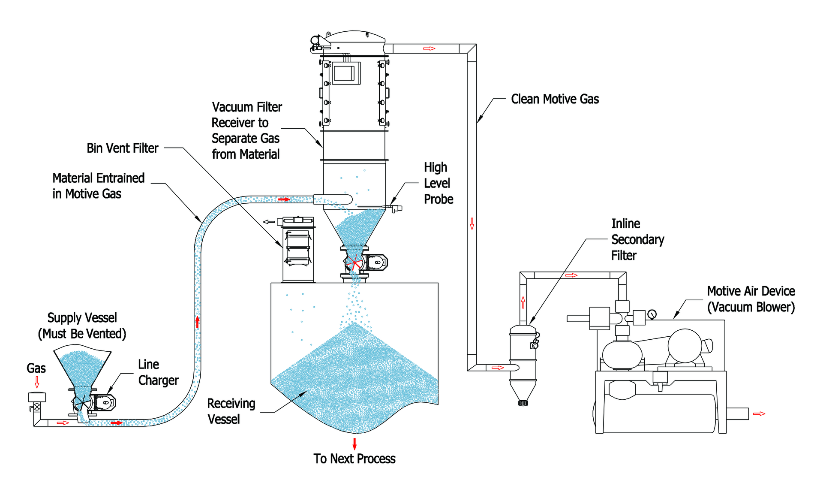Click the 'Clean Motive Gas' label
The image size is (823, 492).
tap(555, 99)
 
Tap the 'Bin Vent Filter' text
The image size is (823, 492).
tap(122, 148)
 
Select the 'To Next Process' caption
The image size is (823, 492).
tap(354, 459)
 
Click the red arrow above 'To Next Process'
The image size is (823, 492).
tap(354, 444)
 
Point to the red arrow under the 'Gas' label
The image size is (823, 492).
tap(37, 382)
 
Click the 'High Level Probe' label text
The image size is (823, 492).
tap(438, 183)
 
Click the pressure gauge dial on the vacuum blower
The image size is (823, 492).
tap(652, 314)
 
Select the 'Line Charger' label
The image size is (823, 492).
tap(158, 372)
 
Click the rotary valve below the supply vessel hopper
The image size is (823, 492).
tap(81, 403)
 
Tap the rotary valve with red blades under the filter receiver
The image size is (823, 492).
tap(354, 262)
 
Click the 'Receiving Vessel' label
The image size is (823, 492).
tap(231, 411)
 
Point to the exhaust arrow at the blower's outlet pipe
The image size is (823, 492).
tap(759, 414)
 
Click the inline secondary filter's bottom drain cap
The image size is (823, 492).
tap(523, 403)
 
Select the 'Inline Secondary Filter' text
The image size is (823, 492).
tap(637, 239)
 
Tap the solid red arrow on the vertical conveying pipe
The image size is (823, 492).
tap(198, 321)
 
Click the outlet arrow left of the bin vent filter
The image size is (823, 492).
tap(269, 222)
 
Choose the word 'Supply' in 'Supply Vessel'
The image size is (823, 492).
tap(64, 318)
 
